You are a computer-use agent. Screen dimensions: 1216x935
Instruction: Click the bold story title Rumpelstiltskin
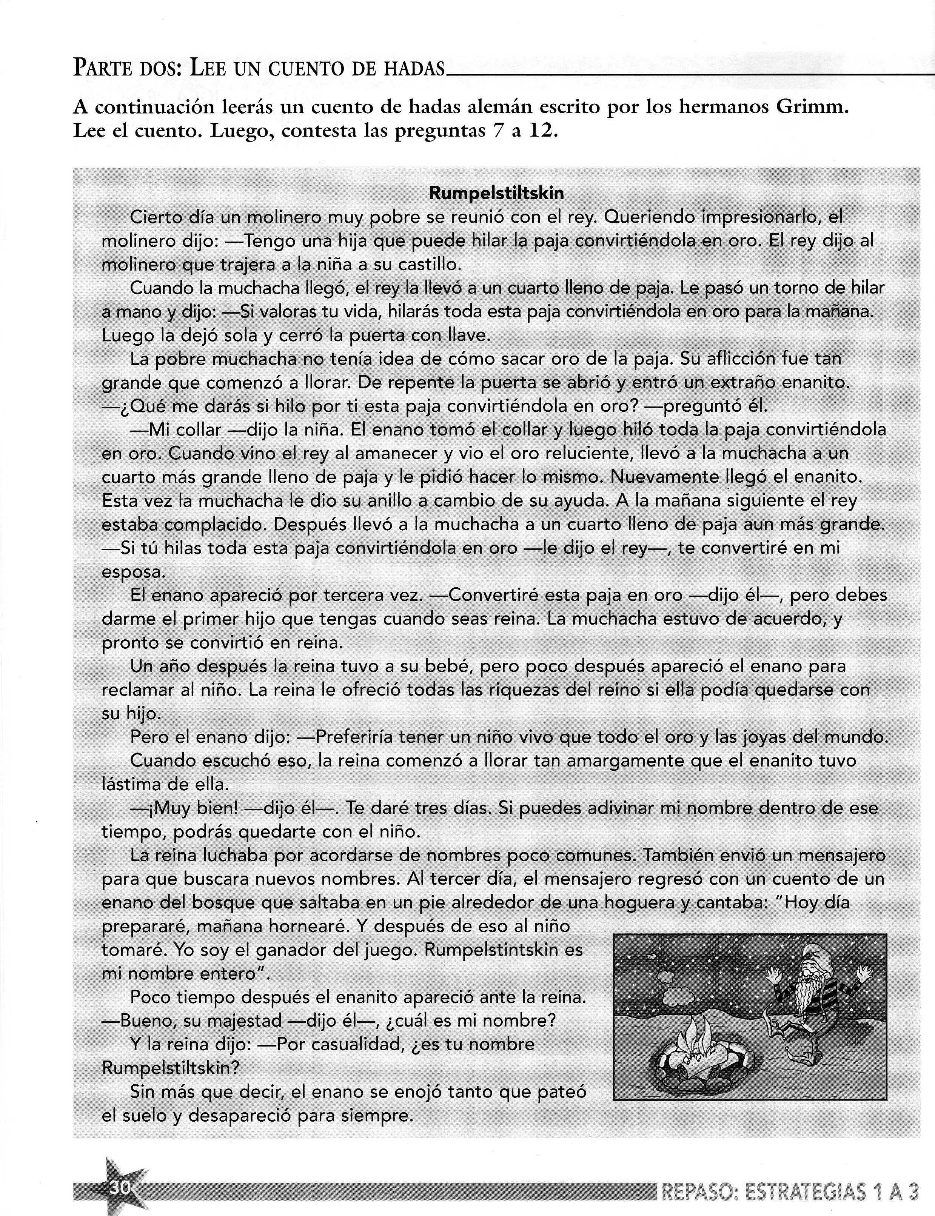click(x=496, y=193)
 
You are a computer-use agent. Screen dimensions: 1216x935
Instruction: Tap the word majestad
click(x=222, y=1021)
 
